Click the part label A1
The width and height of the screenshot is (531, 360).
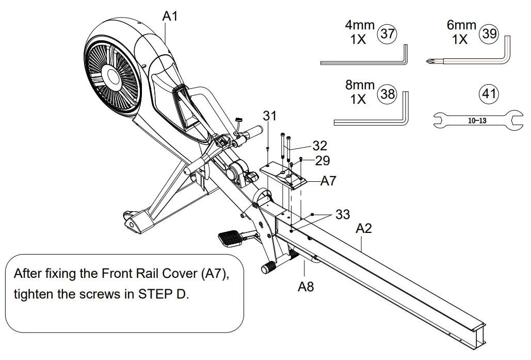[x=170, y=16]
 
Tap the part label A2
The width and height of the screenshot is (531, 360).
[x=363, y=228]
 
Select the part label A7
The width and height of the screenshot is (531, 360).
[x=328, y=181]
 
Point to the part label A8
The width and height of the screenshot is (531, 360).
[x=305, y=286]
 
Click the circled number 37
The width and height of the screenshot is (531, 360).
[x=388, y=34]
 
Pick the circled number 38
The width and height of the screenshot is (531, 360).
[x=388, y=94]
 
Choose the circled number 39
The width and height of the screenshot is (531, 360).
[x=489, y=34]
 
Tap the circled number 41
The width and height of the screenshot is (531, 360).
[x=489, y=94]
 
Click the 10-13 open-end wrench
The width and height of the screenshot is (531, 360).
[x=475, y=121]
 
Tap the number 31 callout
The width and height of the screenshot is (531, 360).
[x=270, y=116]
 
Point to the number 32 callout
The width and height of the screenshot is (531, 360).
[x=319, y=146]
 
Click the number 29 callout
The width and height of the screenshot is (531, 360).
[x=323, y=161]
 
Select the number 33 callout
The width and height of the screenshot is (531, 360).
[x=343, y=214]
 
